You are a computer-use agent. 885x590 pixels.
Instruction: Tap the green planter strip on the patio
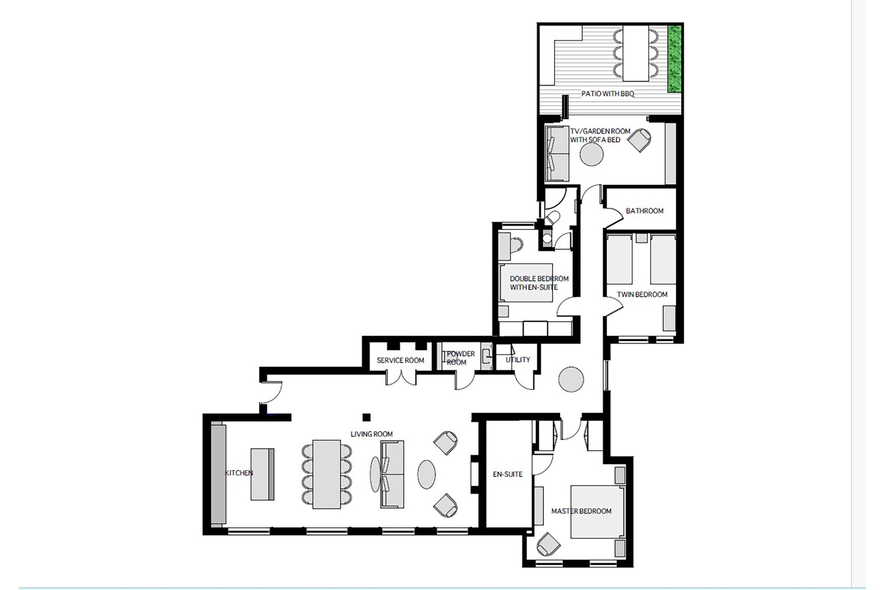[x=675, y=59]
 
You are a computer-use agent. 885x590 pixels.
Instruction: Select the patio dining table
[x=634, y=52]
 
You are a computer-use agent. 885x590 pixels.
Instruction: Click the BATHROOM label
[x=645, y=211]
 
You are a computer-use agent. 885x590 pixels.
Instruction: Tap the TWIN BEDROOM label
[x=642, y=294]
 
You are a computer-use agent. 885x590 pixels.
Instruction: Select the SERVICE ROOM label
[x=400, y=361]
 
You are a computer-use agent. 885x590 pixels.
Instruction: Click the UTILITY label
[x=517, y=359]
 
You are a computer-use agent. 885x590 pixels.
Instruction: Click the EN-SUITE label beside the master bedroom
[x=508, y=474]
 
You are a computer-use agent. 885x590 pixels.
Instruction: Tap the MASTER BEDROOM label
[x=581, y=511]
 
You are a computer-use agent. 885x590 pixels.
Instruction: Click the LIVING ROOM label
[x=371, y=434]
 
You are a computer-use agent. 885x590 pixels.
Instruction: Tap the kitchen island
[x=262, y=474]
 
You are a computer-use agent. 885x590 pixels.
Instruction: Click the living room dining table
[x=326, y=474]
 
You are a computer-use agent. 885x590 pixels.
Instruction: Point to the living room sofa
[x=391, y=474]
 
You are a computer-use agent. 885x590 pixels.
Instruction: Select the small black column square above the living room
[x=367, y=417]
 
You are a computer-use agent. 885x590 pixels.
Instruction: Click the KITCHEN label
[x=239, y=473]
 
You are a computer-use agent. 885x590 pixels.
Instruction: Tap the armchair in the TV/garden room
[x=639, y=140]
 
